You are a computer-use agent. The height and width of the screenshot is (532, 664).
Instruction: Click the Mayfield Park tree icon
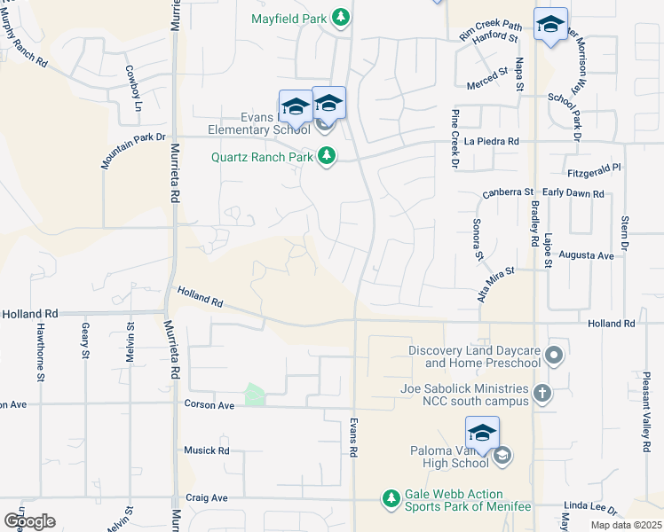click(x=340, y=17)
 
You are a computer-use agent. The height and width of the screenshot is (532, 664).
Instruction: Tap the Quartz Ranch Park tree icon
click(x=328, y=157)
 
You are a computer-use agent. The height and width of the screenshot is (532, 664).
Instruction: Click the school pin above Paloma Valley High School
click(x=482, y=433)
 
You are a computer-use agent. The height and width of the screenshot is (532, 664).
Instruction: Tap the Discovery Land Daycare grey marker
click(x=555, y=356)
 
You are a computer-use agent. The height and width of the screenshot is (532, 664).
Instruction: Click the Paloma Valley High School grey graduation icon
click(x=502, y=456)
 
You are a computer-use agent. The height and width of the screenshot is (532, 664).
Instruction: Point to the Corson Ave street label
click(x=209, y=404)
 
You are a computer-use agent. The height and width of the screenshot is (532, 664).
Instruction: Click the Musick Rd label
click(x=206, y=450)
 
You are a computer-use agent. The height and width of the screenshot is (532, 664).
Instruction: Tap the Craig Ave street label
click(x=208, y=498)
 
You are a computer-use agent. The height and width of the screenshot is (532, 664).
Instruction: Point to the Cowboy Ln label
click(x=131, y=82)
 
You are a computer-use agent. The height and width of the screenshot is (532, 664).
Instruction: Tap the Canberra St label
click(x=507, y=192)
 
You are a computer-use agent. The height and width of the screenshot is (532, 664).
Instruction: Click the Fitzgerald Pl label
click(x=594, y=167)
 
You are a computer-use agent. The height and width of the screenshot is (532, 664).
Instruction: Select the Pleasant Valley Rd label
click(x=646, y=411)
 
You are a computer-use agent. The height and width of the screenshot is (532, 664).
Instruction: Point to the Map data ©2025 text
click(x=626, y=525)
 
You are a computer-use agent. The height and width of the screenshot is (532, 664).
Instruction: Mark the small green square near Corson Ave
click(x=256, y=395)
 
